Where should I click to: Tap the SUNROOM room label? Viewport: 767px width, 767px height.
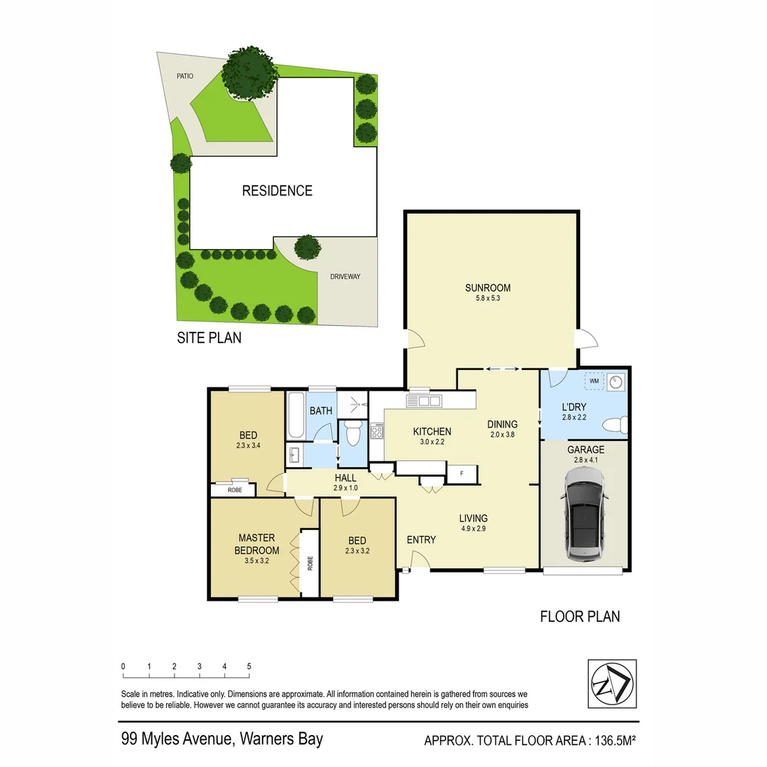(x=488, y=288)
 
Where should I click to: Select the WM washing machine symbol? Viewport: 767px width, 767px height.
(x=594, y=382)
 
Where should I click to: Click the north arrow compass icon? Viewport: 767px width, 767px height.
(x=611, y=683)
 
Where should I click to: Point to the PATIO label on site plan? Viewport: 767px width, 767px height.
(x=185, y=76)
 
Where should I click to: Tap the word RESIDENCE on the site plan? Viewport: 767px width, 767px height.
(x=277, y=190)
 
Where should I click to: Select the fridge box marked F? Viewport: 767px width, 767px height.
(x=462, y=472)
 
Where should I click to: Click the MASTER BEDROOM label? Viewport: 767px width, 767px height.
(x=256, y=544)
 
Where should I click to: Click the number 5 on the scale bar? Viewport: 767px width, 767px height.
(x=249, y=666)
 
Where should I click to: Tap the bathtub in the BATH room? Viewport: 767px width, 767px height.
(x=295, y=415)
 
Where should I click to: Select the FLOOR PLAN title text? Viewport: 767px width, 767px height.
(x=580, y=616)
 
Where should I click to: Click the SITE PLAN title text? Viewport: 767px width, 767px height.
(x=209, y=338)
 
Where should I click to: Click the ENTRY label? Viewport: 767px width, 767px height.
(x=421, y=540)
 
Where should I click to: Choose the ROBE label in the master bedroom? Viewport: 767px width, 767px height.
(x=310, y=562)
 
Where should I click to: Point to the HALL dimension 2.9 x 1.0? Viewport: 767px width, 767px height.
(x=345, y=489)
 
